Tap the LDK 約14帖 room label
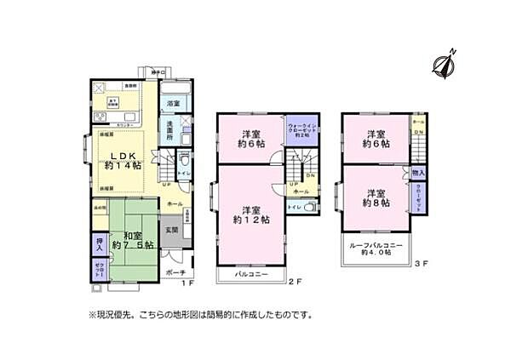click(x=123, y=159)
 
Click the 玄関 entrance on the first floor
click(x=171, y=229)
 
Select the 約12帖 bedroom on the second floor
click(x=250, y=215)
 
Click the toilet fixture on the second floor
click(x=310, y=207)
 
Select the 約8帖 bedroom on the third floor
click(x=375, y=197)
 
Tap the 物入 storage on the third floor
click(x=418, y=174)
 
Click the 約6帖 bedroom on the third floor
click(x=375, y=139)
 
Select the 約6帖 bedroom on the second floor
click(x=250, y=139)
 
